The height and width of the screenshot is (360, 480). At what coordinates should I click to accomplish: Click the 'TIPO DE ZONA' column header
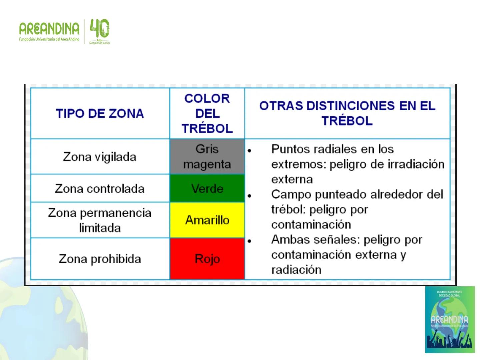(x=100, y=113)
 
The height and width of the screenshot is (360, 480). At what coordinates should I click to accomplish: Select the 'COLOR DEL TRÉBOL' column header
(x=207, y=113)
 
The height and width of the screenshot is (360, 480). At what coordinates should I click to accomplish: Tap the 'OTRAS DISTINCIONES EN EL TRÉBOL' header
(x=347, y=113)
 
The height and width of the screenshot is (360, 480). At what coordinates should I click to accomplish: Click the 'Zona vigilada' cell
(x=100, y=157)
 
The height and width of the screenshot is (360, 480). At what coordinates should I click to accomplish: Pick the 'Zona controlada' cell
(x=100, y=189)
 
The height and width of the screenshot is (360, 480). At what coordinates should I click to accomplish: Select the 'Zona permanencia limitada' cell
(x=100, y=220)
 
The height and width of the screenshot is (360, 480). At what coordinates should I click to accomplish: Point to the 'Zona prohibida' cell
(x=100, y=259)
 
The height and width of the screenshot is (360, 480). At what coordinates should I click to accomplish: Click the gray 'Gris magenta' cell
(x=207, y=157)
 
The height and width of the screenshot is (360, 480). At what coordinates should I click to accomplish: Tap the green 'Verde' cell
(x=207, y=189)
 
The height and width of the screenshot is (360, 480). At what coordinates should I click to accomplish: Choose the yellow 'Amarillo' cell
(x=207, y=220)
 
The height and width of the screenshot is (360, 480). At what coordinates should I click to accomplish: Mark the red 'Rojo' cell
(x=207, y=259)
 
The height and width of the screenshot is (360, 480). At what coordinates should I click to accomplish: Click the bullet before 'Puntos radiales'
(x=249, y=151)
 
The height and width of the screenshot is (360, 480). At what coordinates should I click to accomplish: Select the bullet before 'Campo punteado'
(x=249, y=196)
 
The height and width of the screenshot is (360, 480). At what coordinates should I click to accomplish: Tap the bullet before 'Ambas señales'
(x=249, y=241)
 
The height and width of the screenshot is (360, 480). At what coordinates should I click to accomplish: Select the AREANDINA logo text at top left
(x=49, y=29)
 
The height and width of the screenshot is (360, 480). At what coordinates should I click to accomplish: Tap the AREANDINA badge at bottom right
(x=450, y=319)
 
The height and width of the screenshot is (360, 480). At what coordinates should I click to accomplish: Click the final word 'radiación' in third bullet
(x=296, y=270)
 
